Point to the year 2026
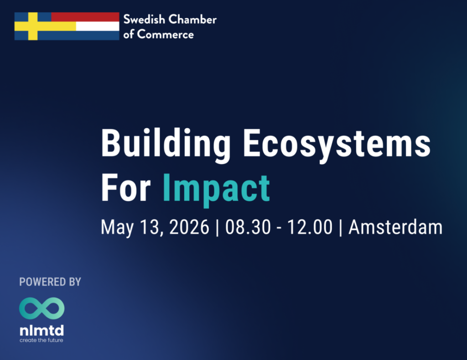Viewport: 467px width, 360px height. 189,227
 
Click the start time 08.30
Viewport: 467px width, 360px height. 248,227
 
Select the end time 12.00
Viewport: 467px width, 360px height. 310,227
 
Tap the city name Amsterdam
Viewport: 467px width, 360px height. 395,227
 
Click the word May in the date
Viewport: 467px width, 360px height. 117,228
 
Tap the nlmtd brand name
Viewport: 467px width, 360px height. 42,330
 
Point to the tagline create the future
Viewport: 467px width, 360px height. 42,340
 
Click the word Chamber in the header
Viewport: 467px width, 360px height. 193,19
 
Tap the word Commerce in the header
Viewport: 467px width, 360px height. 165,35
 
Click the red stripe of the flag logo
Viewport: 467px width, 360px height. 85,17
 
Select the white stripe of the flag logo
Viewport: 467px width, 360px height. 98,26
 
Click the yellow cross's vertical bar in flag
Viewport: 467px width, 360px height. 33,26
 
